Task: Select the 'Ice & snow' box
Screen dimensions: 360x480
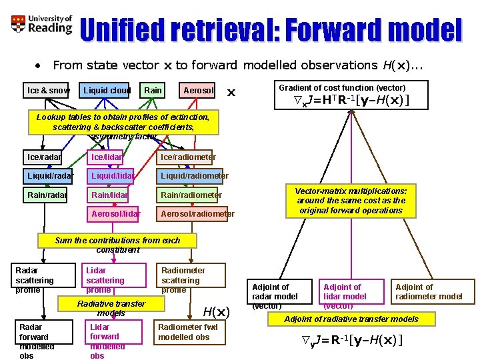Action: pyautogui.click(x=47, y=90)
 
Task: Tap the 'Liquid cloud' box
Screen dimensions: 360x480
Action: pyautogui.click(x=107, y=90)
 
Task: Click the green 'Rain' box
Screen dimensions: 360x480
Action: pyautogui.click(x=153, y=90)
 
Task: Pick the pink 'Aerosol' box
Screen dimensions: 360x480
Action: pyautogui.click(x=198, y=90)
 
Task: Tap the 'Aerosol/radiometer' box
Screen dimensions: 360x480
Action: pyautogui.click(x=196, y=213)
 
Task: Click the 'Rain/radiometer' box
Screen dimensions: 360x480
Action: pyautogui.click(x=190, y=195)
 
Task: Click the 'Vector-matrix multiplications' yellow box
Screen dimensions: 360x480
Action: pyautogui.click(x=351, y=201)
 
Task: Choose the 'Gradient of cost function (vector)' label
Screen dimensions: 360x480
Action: pyautogui.click(x=342, y=87)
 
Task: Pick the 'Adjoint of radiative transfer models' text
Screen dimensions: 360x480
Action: pyautogui.click(x=351, y=319)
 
